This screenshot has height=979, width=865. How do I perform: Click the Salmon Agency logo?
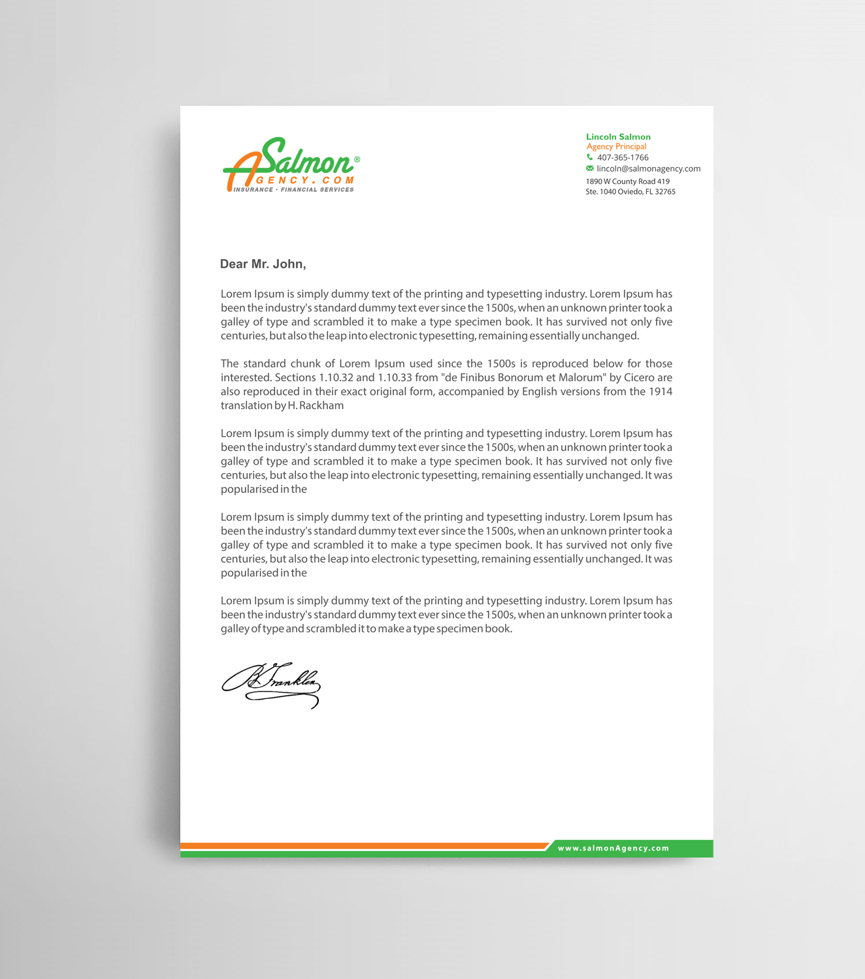291,165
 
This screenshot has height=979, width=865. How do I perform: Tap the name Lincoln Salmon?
618,136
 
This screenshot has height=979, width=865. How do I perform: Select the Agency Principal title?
616,147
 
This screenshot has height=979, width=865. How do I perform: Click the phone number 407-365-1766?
623,157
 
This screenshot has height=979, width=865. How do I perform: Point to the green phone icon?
590,157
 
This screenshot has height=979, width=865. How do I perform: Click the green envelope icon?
590,168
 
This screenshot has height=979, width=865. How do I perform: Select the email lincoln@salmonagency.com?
648,168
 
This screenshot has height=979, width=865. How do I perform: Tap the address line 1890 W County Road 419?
627,181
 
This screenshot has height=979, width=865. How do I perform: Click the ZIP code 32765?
665,192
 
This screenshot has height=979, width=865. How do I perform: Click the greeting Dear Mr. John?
263,264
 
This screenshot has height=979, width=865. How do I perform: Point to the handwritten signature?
271,685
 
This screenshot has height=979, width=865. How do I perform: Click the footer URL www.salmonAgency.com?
613,848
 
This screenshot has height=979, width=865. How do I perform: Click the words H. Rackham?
316,406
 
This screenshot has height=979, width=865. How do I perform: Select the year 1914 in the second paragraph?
661,392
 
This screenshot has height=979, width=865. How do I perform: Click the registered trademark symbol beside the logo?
357,159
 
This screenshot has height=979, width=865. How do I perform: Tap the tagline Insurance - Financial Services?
294,190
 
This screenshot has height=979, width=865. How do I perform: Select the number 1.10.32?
336,378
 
